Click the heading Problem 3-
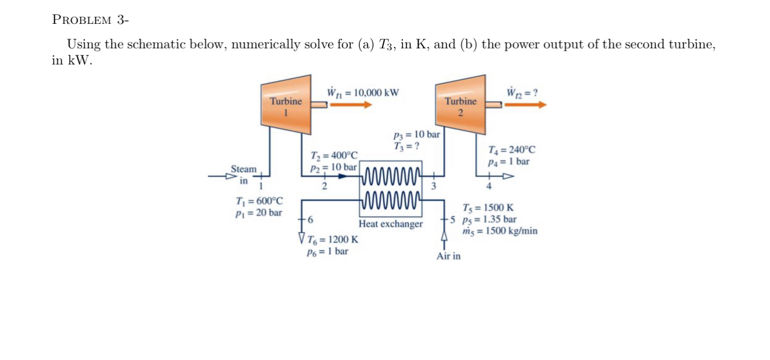[90, 20]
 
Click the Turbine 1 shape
[286, 105]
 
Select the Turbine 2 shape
[460, 105]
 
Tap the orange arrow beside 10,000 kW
[351, 104]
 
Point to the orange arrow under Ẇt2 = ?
[525, 104]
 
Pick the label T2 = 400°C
[334, 156]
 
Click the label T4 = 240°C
[512, 150]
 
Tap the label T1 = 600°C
[260, 201]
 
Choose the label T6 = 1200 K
[332, 240]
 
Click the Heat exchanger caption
[390, 224]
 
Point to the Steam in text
[244, 174]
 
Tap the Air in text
[448, 256]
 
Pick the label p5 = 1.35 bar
[489, 219]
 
